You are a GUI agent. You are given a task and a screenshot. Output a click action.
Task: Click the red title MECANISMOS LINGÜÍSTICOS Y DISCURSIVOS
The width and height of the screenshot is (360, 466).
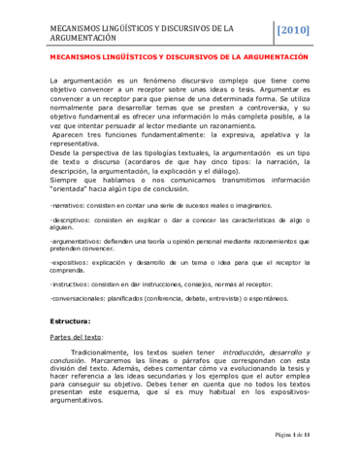(179, 57)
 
